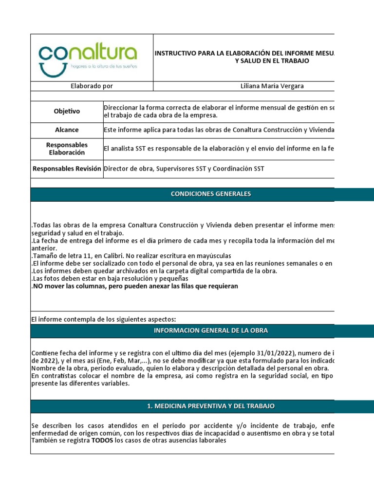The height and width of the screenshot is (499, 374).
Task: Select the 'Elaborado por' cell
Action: click(92, 86)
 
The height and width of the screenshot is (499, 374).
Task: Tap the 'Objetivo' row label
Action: click(67, 112)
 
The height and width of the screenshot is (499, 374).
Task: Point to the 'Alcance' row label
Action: click(67, 130)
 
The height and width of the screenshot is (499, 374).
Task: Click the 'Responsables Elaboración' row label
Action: click(67, 149)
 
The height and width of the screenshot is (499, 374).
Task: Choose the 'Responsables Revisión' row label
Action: click(67, 169)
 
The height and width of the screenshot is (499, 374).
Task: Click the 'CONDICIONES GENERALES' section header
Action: click(210, 194)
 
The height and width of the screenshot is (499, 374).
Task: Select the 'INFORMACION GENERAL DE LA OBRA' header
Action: click(210, 330)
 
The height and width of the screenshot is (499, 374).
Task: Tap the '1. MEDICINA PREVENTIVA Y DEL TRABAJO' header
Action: click(210, 406)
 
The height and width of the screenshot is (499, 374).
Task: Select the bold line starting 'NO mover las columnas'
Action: click(135, 286)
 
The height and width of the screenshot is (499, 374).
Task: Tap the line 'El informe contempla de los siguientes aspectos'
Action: click(103, 319)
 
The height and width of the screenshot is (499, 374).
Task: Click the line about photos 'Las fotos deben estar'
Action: click(110, 279)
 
